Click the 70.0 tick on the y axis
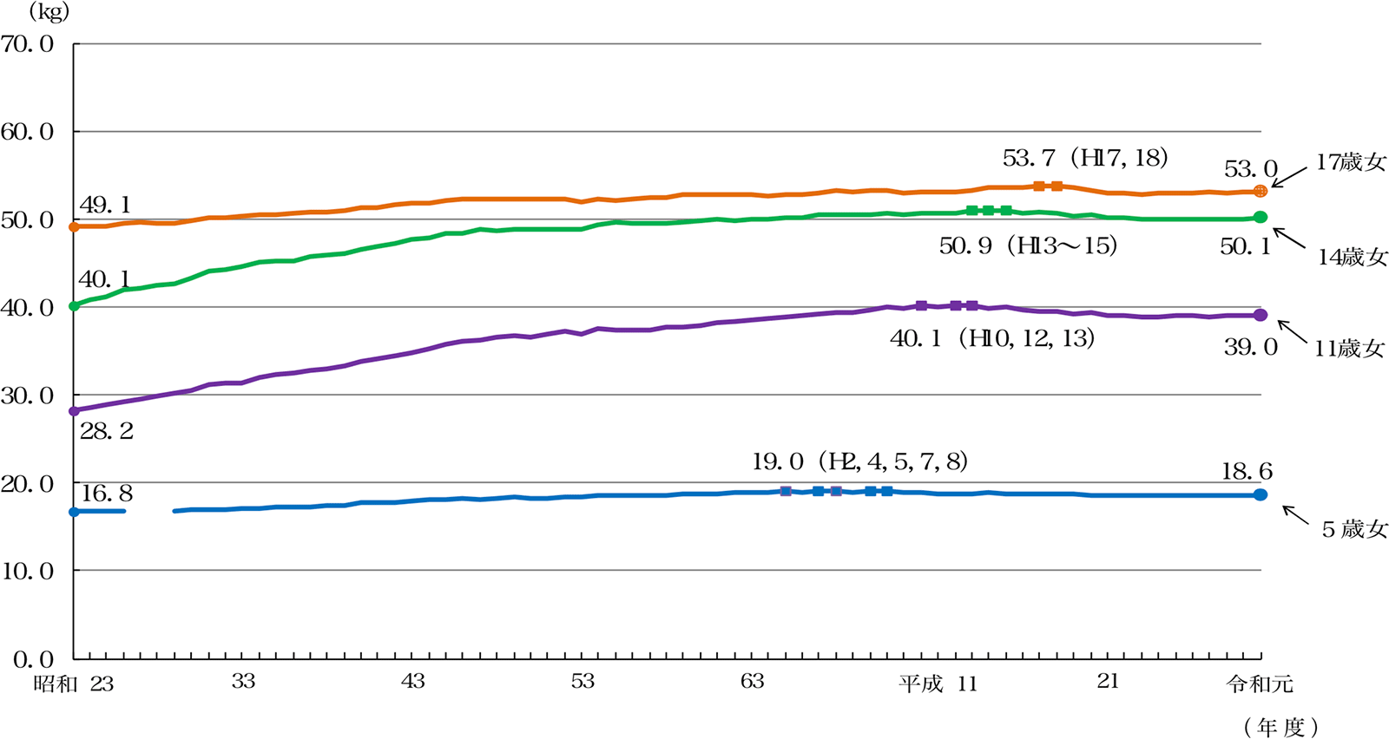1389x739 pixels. (x=28, y=43)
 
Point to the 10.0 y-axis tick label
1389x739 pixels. (x=28, y=571)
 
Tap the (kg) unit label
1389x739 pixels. (x=49, y=11)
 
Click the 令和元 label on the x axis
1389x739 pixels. (x=1260, y=683)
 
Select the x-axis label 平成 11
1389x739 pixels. (x=938, y=683)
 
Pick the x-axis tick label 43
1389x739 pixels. (x=413, y=681)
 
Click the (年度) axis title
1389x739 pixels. (x=1281, y=727)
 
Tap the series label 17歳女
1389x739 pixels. (x=1351, y=162)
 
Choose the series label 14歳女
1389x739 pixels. (x=1353, y=257)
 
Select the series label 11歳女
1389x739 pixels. (x=1349, y=349)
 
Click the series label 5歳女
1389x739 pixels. (x=1354, y=529)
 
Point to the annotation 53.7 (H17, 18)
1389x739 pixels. (x=1085, y=158)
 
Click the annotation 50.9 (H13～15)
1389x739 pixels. (x=1028, y=246)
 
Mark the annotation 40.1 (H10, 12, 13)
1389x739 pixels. (x=992, y=338)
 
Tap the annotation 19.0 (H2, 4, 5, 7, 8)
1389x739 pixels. (x=859, y=461)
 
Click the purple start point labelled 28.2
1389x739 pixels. (x=74, y=411)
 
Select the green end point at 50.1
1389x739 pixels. (x=1261, y=217)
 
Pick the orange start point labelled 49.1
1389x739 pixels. (x=74, y=226)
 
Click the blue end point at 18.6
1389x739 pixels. (x=1261, y=494)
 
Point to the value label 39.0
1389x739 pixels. (x=1251, y=348)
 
